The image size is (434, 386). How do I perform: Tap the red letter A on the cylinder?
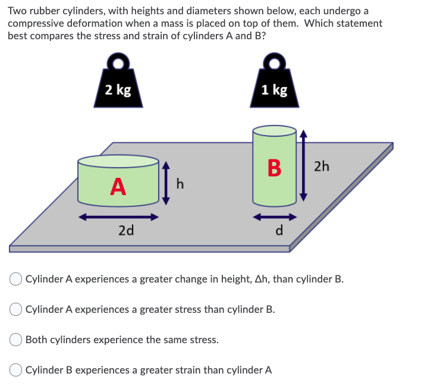tap(118, 187)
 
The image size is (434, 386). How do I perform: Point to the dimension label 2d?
tap(125, 231)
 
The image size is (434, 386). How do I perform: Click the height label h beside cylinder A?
tap(180, 185)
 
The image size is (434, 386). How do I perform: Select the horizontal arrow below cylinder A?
tap(119, 217)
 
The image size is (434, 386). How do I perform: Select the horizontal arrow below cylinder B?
tap(275, 217)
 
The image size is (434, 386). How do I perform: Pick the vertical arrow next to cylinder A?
tap(167, 182)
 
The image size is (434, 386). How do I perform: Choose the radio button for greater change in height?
tap(16, 279)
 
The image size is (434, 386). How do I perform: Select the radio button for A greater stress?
tap(16, 309)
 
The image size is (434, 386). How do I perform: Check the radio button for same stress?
tap(16, 340)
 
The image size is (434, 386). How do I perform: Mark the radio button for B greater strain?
tap(16, 370)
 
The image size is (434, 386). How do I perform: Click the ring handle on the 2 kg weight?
tap(118, 62)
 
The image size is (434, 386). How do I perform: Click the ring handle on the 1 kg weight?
tap(274, 62)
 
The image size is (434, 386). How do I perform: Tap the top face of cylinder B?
tap(274, 130)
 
